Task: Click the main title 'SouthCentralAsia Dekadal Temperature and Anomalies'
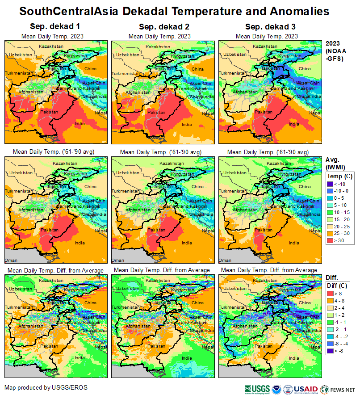point(180,11)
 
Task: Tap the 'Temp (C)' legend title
point(339,176)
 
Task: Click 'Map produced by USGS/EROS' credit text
point(46,387)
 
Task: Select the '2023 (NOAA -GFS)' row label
point(335,51)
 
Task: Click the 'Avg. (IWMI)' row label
point(335,163)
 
